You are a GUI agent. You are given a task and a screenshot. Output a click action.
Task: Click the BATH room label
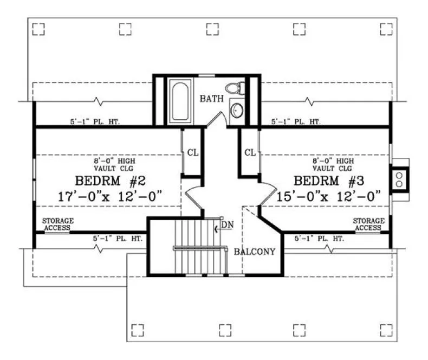tap(211, 99)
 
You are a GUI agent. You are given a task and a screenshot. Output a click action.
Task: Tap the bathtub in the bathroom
tap(178, 101)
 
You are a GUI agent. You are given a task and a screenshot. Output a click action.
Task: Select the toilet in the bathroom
tap(235, 87)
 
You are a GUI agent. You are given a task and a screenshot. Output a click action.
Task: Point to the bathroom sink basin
tap(237, 111)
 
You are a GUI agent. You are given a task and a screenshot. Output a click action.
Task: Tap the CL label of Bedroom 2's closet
tap(193, 152)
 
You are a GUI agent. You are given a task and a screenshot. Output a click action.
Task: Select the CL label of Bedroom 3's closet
tap(250, 152)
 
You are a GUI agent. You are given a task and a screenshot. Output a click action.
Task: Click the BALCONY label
tap(255, 252)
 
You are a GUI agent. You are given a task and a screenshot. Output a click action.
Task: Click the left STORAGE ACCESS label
tap(58, 224)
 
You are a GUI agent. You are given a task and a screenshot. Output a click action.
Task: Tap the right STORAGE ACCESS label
tap(368, 224)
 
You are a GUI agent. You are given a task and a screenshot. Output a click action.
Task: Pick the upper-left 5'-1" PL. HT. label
tap(94, 122)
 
